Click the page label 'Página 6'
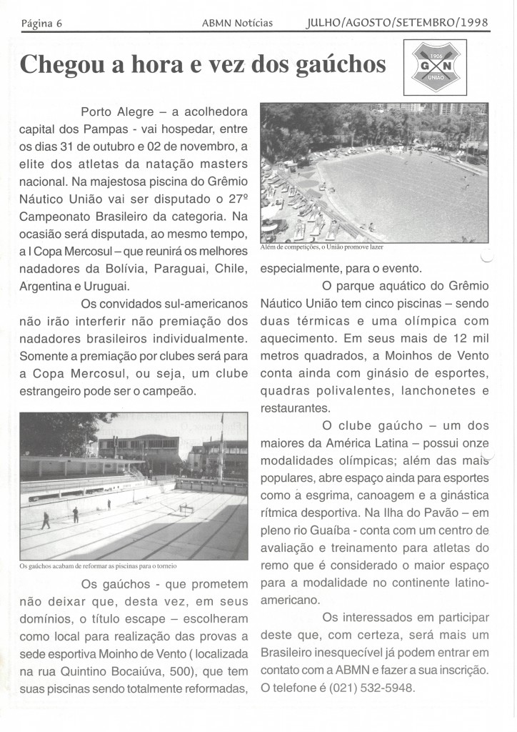coord(42,23)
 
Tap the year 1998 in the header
coord(474,22)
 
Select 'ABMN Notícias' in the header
coord(237,23)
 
